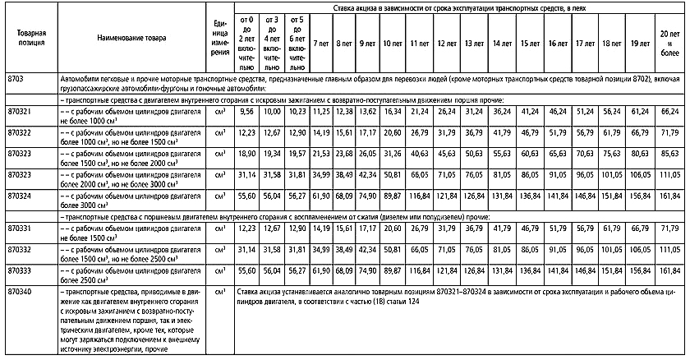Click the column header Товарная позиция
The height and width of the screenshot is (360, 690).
point(30,38)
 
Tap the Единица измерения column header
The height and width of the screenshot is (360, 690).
point(219,38)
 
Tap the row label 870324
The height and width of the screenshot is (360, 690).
point(20,197)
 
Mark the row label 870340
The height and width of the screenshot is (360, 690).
point(20,292)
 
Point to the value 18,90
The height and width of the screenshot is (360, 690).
point(245,153)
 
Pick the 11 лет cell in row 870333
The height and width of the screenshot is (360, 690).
point(419,270)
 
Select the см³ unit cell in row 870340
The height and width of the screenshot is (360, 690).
point(219,292)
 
